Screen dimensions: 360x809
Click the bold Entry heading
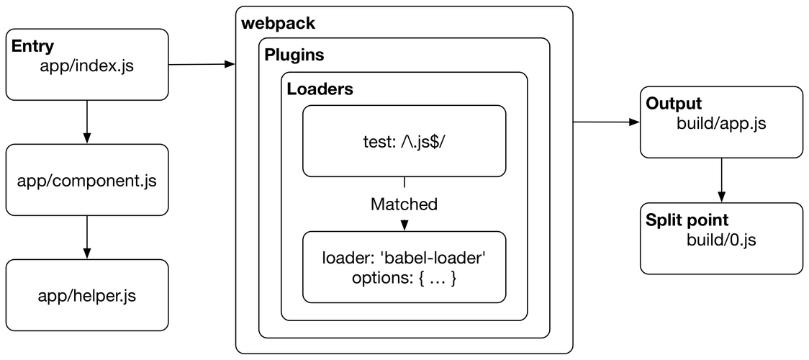(32, 47)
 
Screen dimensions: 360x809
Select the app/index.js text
(87, 67)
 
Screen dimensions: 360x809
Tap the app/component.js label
(87, 180)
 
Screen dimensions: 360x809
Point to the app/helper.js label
(87, 295)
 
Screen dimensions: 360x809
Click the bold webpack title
(278, 23)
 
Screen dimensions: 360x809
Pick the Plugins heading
(294, 55)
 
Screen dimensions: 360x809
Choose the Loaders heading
(320, 90)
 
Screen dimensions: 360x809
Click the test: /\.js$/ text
(404, 142)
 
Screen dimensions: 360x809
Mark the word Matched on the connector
(404, 204)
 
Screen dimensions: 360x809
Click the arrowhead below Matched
(404, 225)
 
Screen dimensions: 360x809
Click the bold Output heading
(674, 104)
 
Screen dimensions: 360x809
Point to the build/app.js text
(721, 124)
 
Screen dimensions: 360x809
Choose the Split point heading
(687, 220)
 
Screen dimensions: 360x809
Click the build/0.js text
(721, 240)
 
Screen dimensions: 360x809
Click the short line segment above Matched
(404, 183)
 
